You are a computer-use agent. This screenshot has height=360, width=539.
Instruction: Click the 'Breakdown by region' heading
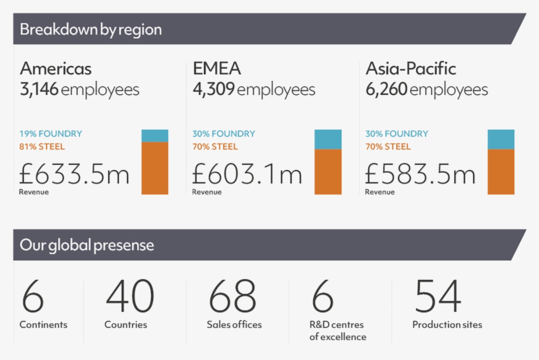[91, 30]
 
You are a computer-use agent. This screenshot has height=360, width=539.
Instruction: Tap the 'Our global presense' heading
[87, 245]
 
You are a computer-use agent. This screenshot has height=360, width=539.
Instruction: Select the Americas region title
[56, 69]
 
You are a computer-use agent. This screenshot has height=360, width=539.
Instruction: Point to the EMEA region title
[217, 69]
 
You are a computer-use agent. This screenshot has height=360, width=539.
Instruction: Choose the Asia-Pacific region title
[411, 69]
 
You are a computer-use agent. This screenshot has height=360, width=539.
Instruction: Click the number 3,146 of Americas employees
[39, 90]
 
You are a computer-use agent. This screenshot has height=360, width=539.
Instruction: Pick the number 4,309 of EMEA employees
[213, 90]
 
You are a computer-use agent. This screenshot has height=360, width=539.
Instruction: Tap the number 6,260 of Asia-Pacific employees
[386, 90]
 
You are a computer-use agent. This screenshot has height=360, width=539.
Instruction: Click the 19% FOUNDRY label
[51, 134]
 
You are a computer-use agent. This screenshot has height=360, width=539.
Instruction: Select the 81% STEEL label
[42, 147]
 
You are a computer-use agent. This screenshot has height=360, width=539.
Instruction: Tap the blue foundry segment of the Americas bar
[155, 136]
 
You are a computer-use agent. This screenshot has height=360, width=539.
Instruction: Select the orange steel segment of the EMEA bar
[328, 172]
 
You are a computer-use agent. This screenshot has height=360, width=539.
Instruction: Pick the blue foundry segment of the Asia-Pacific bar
[501, 139]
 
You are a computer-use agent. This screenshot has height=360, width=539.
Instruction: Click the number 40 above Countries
[130, 297]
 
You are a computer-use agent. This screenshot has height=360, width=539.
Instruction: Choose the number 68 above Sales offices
[232, 297]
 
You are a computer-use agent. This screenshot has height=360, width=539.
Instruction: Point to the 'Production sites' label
[447, 325]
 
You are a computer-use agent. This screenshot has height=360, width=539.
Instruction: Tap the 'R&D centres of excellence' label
[338, 331]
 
